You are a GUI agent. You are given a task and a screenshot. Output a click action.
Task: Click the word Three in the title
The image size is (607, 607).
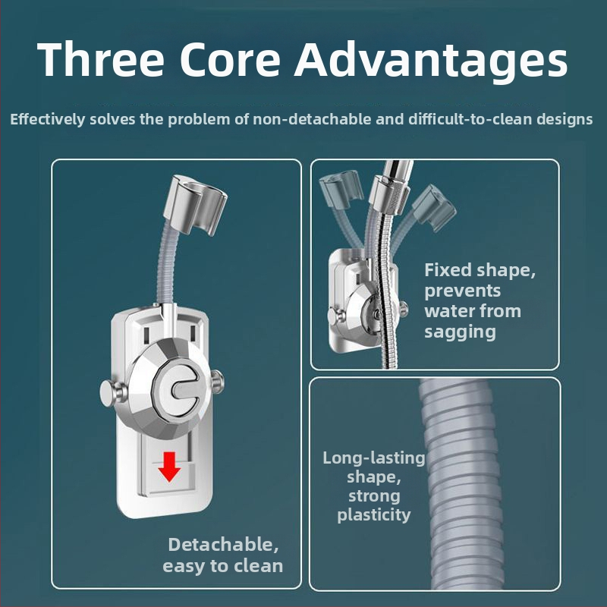(101, 59)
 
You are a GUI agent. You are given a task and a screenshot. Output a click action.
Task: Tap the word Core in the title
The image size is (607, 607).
(230, 59)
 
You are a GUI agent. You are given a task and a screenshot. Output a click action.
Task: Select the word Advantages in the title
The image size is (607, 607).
(431, 61)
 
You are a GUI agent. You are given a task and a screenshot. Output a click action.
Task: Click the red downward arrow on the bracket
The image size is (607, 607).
(169, 467)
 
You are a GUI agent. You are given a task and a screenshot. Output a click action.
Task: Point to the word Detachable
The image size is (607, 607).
(223, 544)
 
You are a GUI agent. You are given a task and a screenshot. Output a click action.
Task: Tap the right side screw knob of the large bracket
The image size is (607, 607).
(218, 381)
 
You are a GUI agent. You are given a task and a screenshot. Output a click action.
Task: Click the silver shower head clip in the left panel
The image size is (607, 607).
(195, 204)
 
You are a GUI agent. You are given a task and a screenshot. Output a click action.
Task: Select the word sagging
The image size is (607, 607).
(460, 332)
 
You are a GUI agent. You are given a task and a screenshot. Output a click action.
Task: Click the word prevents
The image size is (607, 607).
(463, 291)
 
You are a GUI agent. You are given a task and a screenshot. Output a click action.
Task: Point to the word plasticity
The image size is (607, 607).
(373, 515)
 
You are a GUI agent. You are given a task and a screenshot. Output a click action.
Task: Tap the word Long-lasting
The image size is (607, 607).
(374, 458)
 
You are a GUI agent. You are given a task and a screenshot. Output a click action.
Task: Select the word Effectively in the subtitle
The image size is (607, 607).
(47, 119)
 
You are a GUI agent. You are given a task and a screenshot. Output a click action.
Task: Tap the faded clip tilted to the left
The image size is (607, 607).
(340, 191)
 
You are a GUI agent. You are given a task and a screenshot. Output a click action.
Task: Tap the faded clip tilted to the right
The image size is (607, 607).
(433, 207)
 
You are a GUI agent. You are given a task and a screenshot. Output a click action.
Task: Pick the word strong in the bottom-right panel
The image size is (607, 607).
(374, 496)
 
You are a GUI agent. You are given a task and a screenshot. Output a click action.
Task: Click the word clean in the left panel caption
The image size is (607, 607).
(258, 566)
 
